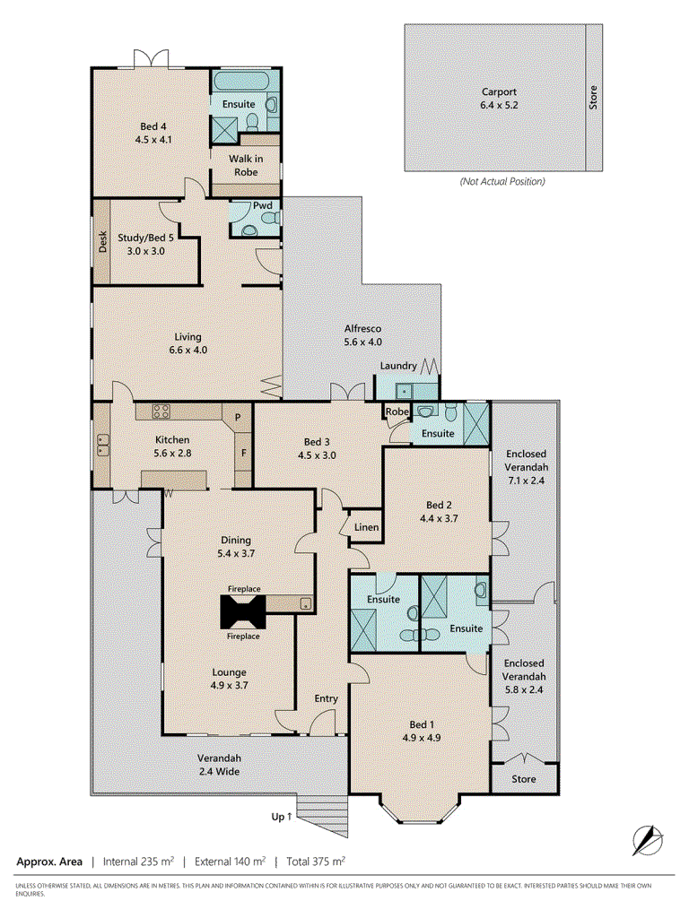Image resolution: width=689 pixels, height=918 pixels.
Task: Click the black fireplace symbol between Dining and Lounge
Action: pyautogui.click(x=243, y=611)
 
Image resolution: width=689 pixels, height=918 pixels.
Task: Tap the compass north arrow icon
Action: pyautogui.click(x=648, y=840)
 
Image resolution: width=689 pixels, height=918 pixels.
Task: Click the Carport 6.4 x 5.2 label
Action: pyautogui.click(x=499, y=99)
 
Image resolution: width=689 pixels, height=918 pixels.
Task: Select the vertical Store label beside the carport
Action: pyautogui.click(x=594, y=97)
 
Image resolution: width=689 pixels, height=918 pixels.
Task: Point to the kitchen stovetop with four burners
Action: pyautogui.click(x=161, y=411)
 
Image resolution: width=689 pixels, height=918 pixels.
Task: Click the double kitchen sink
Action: pyautogui.click(x=102, y=445)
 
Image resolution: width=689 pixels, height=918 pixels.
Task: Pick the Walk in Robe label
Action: pyautogui.click(x=246, y=165)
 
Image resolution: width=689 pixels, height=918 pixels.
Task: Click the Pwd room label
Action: pyautogui.click(x=263, y=205)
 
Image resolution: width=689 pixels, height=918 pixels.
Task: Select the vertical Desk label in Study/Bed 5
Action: pyautogui.click(x=103, y=241)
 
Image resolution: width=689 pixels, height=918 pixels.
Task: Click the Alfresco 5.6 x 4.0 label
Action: pyautogui.click(x=362, y=335)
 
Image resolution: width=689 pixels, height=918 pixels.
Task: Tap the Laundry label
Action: pyautogui.click(x=398, y=366)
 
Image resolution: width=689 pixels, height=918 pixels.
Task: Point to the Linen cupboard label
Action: pyautogui.click(x=366, y=527)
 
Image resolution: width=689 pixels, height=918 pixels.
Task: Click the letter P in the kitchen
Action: pyautogui.click(x=238, y=418)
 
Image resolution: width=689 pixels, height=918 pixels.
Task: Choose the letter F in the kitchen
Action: pyautogui.click(x=244, y=453)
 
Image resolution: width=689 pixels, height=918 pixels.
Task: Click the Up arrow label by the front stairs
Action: pyautogui.click(x=282, y=817)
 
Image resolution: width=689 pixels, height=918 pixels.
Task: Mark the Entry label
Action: pyautogui.click(x=326, y=698)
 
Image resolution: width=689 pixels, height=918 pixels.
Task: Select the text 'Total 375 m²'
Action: pyautogui.click(x=316, y=862)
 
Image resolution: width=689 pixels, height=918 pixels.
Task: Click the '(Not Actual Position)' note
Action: pyautogui.click(x=502, y=181)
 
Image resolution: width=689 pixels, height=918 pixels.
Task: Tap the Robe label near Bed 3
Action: pyautogui.click(x=397, y=411)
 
